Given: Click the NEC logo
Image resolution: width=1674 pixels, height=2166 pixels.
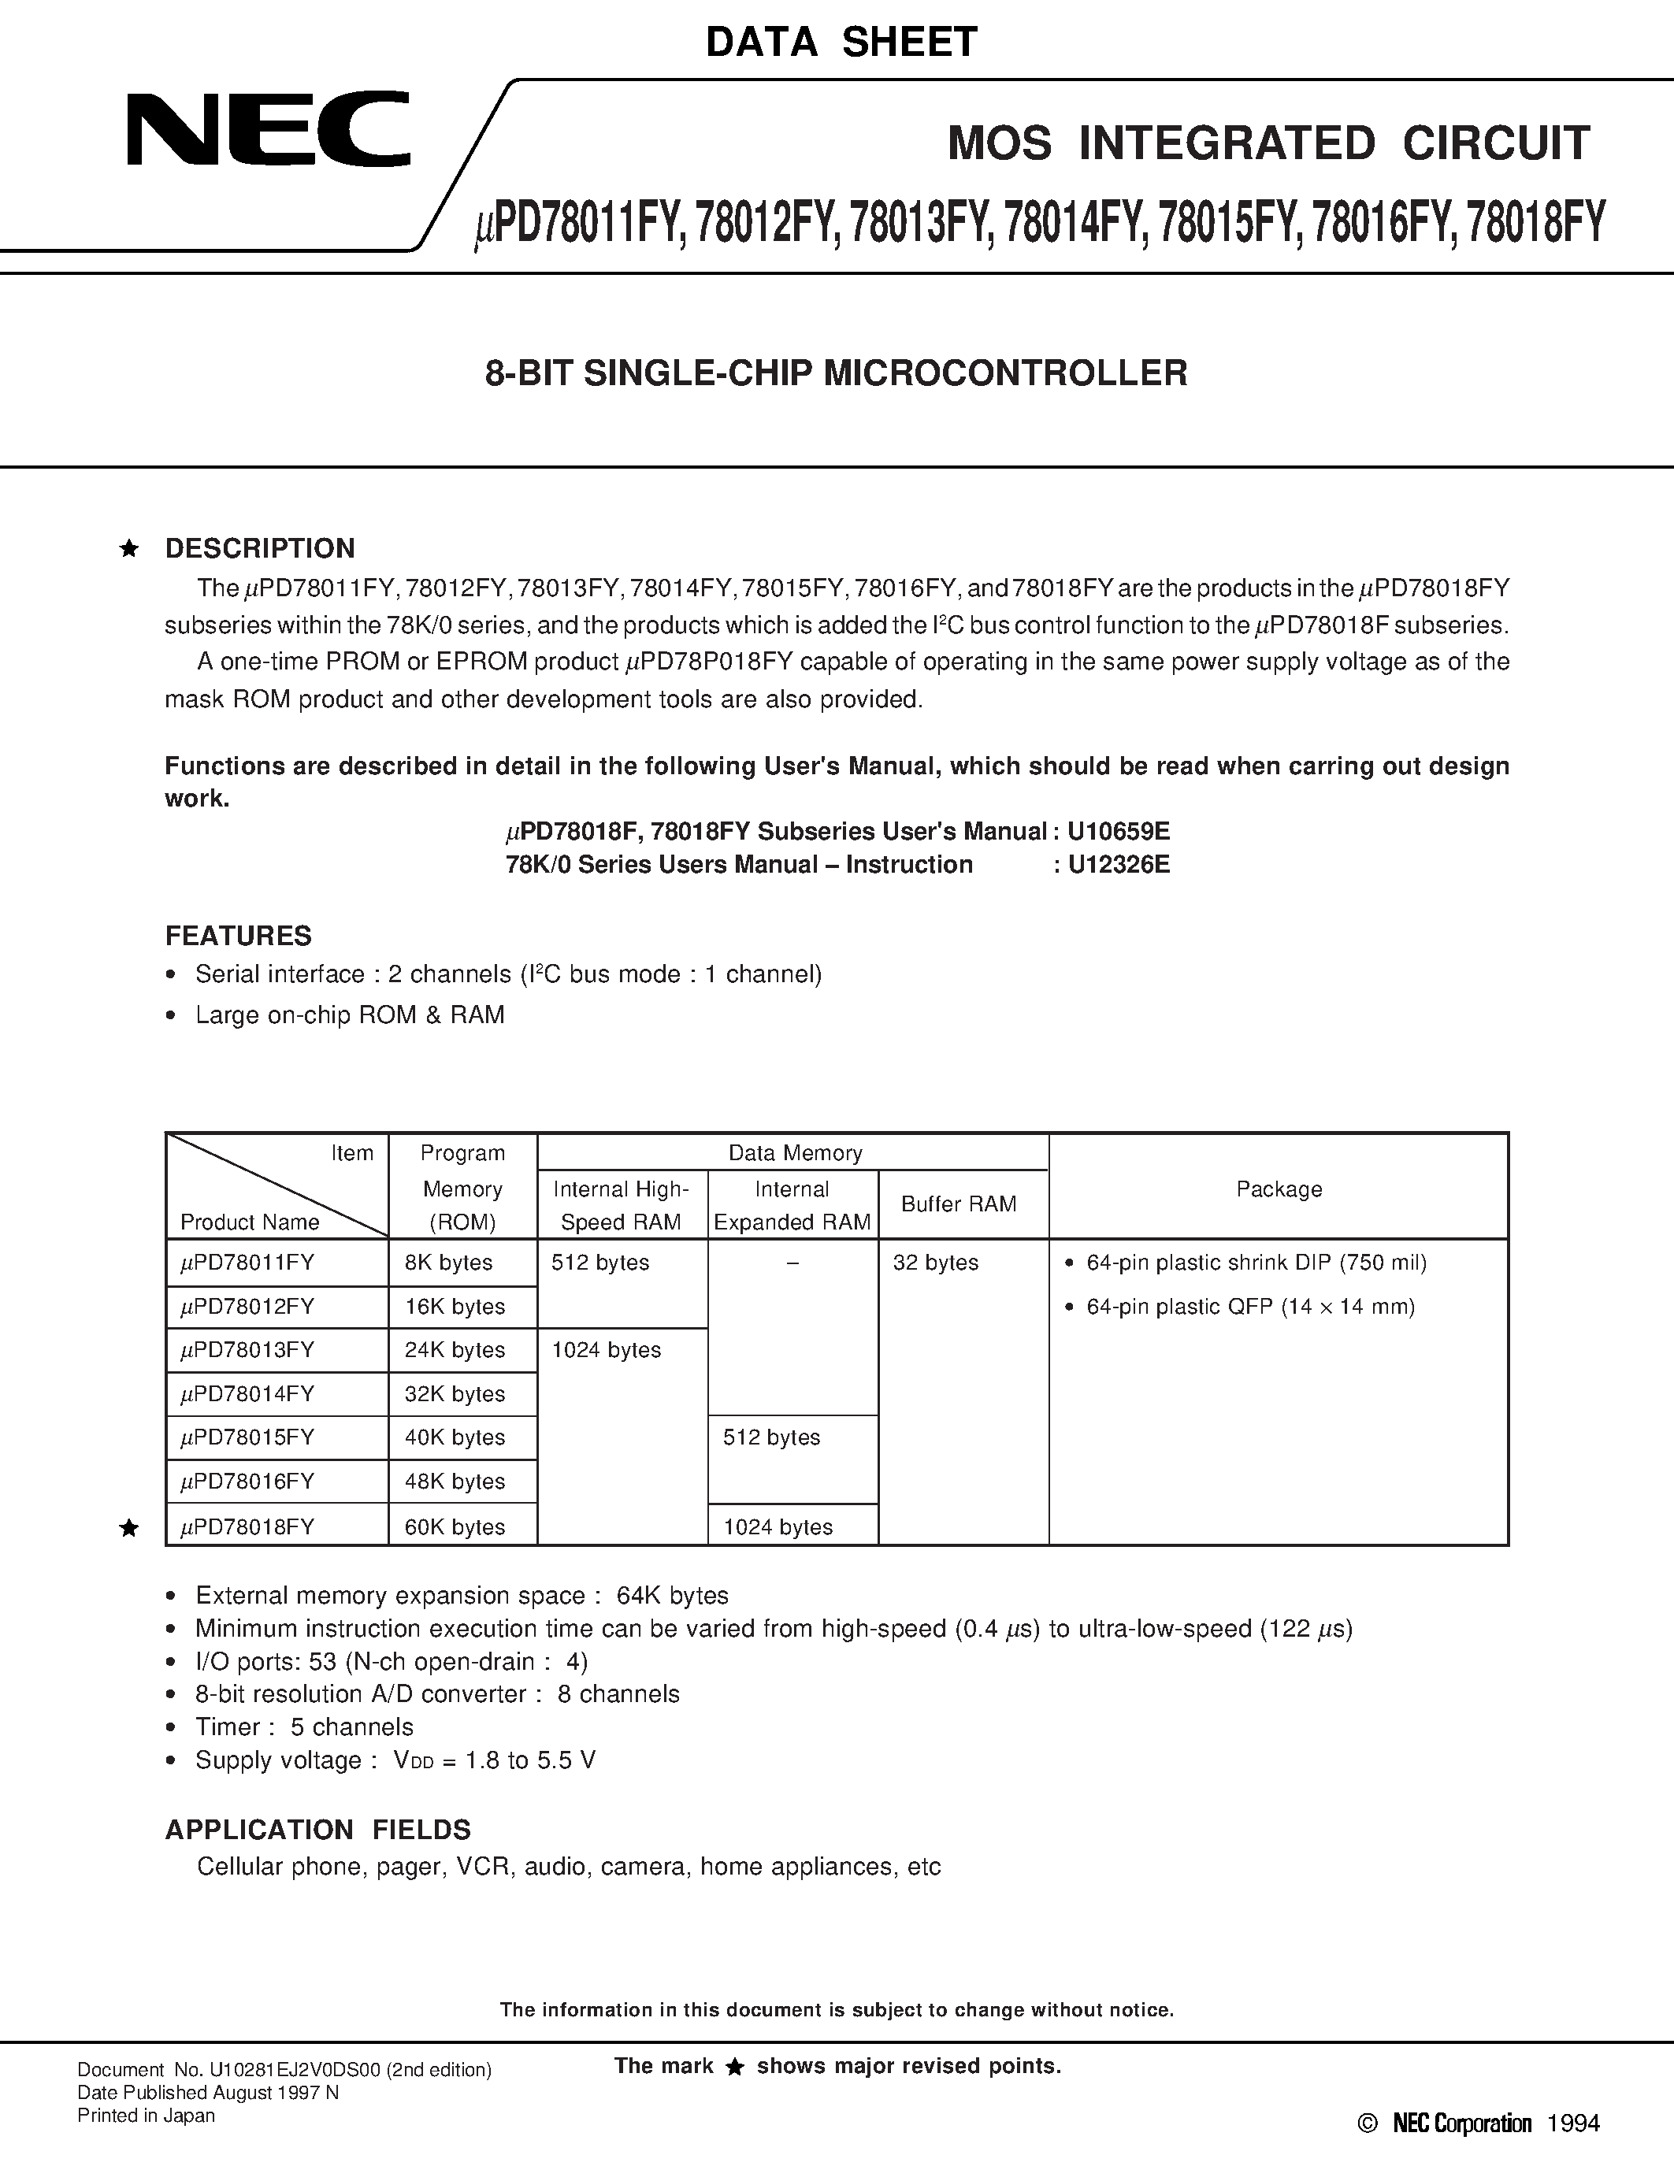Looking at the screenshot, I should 268,129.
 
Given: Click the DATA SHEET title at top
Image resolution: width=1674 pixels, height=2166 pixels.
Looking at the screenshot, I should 841,42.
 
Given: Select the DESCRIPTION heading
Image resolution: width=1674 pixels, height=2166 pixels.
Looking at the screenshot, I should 260,548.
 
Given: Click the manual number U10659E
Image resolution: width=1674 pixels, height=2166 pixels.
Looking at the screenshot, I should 1119,831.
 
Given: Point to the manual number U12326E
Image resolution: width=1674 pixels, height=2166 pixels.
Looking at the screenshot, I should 1119,865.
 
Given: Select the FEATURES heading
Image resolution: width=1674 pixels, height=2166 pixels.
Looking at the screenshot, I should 238,936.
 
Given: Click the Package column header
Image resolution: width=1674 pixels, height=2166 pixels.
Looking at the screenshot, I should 1279,1189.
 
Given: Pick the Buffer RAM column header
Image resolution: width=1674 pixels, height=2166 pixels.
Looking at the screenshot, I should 958,1204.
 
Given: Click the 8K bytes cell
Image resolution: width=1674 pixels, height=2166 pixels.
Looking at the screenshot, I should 448,1263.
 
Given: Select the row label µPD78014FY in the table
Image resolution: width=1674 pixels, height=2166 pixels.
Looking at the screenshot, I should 248,1393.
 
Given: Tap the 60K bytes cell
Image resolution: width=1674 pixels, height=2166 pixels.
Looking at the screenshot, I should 455,1527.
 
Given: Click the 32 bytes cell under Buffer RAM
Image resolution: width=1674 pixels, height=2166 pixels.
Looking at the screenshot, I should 935,1263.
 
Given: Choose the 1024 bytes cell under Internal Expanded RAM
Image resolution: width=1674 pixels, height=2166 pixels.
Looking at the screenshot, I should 778,1527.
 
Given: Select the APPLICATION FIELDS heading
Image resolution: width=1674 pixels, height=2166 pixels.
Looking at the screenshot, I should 317,1830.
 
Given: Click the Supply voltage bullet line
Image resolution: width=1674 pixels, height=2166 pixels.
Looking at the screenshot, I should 395,1760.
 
